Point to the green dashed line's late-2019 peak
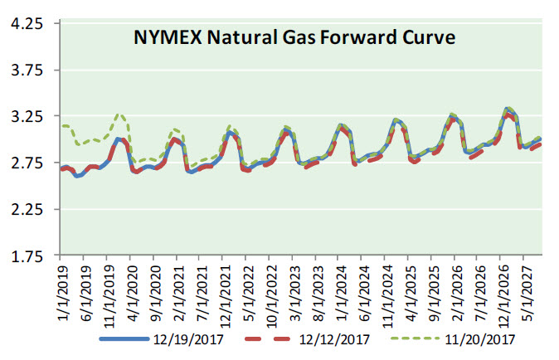120,114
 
